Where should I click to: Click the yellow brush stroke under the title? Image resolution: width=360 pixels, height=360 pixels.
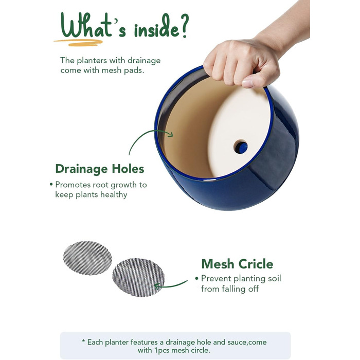pyautogui.click(x=78, y=43)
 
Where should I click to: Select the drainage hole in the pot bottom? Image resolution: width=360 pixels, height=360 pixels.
pyautogui.click(x=241, y=147)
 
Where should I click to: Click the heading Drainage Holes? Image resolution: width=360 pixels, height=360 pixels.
pyautogui.click(x=100, y=169)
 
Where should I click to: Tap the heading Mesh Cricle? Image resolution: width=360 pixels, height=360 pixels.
pyautogui.click(x=237, y=264)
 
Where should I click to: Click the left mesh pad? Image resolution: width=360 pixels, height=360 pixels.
pyautogui.click(x=87, y=258)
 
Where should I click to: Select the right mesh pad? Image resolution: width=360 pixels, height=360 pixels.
pyautogui.click(x=138, y=277)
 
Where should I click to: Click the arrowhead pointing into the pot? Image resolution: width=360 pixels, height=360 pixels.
pyautogui.click(x=170, y=134)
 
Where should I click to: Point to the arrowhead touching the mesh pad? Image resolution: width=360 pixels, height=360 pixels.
pyautogui.click(x=157, y=286)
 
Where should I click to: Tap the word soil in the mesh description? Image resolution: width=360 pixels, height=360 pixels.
pyautogui.click(x=275, y=279)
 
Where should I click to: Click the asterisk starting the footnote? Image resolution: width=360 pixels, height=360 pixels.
pyautogui.click(x=83, y=341)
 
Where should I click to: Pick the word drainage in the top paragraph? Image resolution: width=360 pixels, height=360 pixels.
pyautogui.click(x=144, y=61)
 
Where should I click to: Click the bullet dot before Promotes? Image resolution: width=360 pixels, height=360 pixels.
pyautogui.click(x=51, y=184)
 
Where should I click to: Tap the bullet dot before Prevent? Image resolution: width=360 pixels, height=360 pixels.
pyautogui.click(x=196, y=279)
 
